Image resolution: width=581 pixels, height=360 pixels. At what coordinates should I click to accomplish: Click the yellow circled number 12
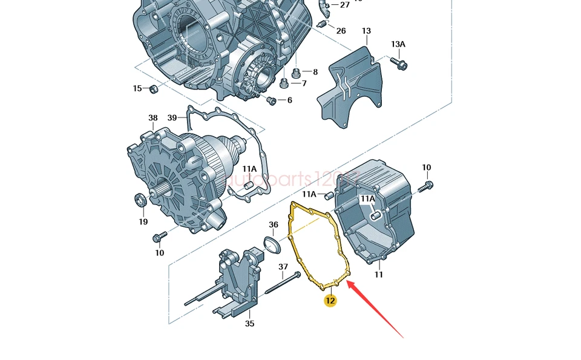coord(330,301)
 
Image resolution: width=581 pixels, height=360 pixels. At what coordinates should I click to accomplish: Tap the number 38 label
coord(153,118)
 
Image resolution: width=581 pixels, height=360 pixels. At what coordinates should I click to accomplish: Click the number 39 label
coord(172,118)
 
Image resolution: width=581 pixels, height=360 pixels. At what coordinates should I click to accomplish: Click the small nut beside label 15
coord(154,90)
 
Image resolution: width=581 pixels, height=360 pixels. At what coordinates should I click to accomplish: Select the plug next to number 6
coord(271,100)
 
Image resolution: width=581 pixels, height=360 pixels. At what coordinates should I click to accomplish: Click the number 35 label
coord(249,324)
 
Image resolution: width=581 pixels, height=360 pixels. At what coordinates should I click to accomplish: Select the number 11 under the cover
coord(379,275)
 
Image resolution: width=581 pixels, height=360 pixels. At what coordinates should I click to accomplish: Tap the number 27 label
coord(344,5)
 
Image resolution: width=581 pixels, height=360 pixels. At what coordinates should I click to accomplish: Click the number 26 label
coord(341,31)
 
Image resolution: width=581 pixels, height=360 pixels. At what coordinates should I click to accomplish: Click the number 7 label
coord(304,83)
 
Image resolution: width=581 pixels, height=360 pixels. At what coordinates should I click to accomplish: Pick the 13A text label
coord(398,44)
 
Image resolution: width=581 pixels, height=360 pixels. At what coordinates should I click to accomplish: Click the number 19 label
coord(143,221)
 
